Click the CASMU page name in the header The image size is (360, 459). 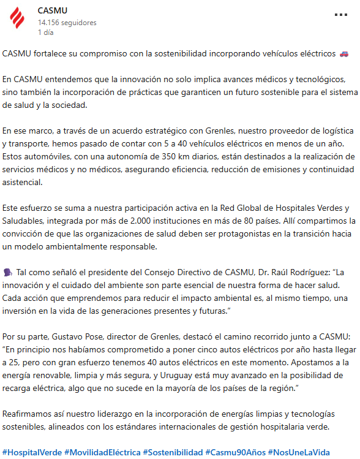[53, 10]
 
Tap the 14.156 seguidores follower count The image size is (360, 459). [67, 22]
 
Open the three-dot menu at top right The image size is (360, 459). [342, 15]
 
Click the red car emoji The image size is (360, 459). [343, 54]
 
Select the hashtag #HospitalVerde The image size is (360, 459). [32, 452]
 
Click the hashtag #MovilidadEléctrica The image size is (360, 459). [102, 452]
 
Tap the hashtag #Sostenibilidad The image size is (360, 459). [173, 452]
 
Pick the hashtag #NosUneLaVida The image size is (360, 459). [299, 452]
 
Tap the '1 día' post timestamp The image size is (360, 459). [45, 32]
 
